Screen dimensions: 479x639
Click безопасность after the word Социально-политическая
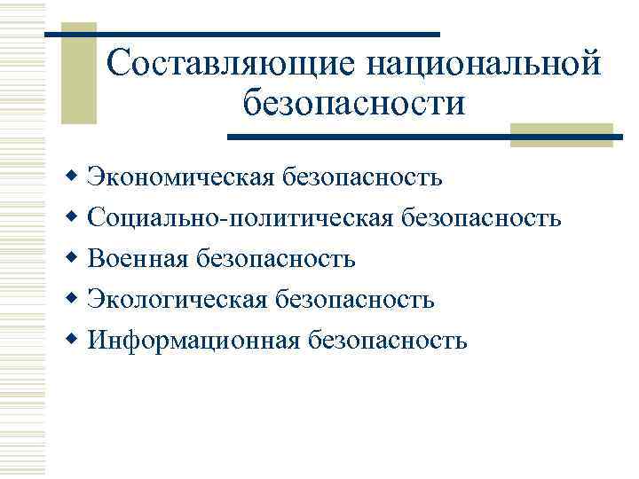tap(481, 218)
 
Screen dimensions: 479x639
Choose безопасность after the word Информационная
tap(387, 341)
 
